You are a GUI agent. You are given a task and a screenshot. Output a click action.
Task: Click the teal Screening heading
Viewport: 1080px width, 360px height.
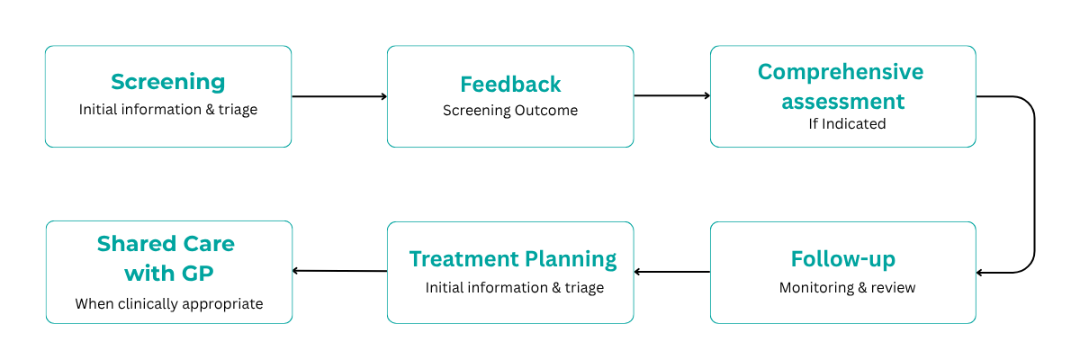(x=168, y=82)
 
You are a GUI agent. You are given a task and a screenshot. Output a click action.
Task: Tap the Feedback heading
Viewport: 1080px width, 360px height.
(x=510, y=84)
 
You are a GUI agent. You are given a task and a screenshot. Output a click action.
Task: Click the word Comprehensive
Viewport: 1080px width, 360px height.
(x=841, y=71)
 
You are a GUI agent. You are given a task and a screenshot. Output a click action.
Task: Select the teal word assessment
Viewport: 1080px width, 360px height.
(x=842, y=100)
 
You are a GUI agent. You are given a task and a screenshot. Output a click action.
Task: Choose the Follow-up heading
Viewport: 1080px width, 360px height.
(x=842, y=259)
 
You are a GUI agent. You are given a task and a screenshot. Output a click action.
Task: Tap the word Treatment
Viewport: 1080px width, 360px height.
(x=459, y=259)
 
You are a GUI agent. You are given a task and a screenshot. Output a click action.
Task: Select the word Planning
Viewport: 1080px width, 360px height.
(x=566, y=259)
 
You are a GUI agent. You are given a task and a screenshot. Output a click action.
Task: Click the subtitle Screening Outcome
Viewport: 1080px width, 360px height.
(x=510, y=111)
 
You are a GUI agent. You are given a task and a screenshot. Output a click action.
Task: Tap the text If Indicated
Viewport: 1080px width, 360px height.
(x=847, y=123)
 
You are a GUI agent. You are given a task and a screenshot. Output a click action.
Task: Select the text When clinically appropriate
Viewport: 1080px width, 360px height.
(x=169, y=303)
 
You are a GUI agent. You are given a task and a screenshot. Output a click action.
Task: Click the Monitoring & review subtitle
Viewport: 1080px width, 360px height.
(x=847, y=288)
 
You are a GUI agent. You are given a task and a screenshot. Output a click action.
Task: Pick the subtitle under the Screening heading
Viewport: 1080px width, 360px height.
(x=168, y=110)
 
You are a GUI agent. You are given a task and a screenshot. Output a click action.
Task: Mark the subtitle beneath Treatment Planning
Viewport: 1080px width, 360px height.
(x=515, y=288)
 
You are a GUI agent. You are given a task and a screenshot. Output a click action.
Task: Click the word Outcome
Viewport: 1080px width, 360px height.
(x=546, y=111)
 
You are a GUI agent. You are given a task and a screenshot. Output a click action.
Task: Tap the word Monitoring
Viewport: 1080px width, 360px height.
(x=816, y=288)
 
